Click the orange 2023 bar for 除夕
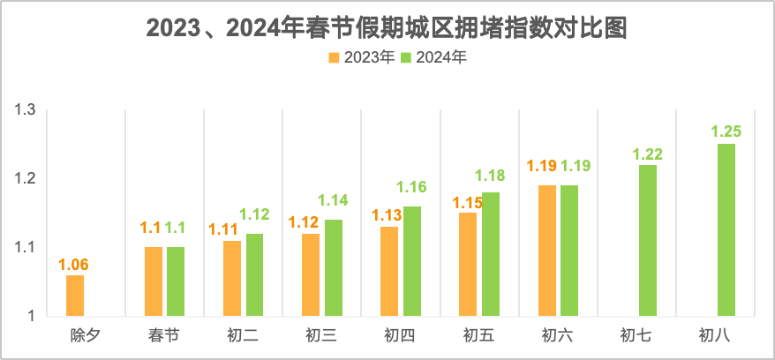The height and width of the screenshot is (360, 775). [x=75, y=295]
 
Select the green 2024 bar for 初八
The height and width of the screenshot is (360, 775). [x=726, y=229]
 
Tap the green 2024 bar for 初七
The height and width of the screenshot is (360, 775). [x=648, y=240]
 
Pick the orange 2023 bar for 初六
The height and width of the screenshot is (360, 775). [x=547, y=251]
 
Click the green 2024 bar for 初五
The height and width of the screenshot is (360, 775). [x=491, y=254]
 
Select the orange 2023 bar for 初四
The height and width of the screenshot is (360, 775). [x=389, y=271]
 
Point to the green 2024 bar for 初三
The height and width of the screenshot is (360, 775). [x=334, y=267]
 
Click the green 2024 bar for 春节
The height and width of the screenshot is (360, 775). [x=176, y=281]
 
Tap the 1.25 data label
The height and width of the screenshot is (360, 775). [x=726, y=131]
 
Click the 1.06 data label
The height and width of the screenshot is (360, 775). [x=74, y=264]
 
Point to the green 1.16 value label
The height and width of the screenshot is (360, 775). [x=411, y=187]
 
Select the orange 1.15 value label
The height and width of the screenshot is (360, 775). [x=468, y=203]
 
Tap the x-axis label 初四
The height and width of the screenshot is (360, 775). [x=400, y=335]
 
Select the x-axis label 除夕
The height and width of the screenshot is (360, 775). [x=86, y=335]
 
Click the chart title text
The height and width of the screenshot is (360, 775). [x=387, y=27]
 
